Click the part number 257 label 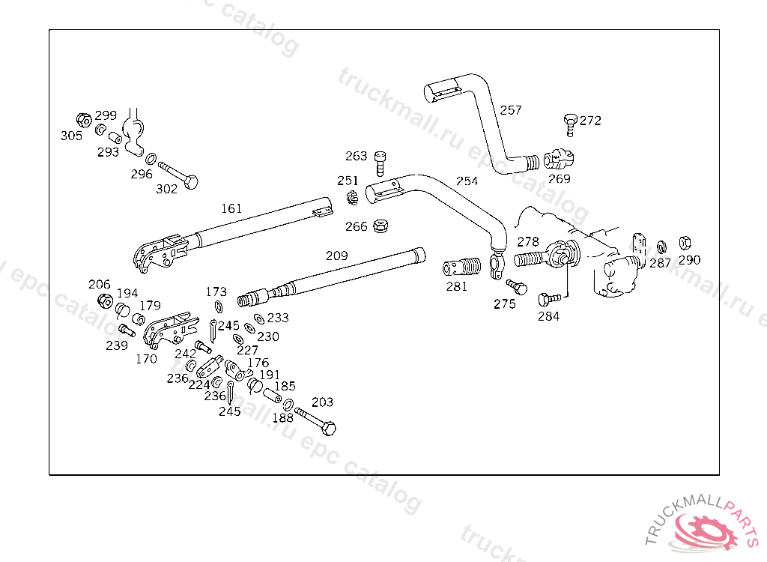click(511, 110)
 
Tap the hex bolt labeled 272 click(570, 124)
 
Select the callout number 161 click(231, 208)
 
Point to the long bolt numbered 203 click(315, 420)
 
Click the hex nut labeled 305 click(84, 120)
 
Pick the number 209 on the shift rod click(337, 256)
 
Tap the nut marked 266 click(380, 226)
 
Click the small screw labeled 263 click(380, 163)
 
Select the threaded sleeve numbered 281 click(461, 268)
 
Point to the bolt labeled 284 click(549, 299)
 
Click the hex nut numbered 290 click(685, 243)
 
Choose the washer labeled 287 click(661, 247)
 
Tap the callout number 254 click(467, 181)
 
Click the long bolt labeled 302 click(178, 175)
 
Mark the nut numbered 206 click(105, 300)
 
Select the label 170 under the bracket click(146, 360)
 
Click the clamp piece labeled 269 click(559, 159)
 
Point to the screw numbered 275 click(517, 287)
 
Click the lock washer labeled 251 click(352, 199)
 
